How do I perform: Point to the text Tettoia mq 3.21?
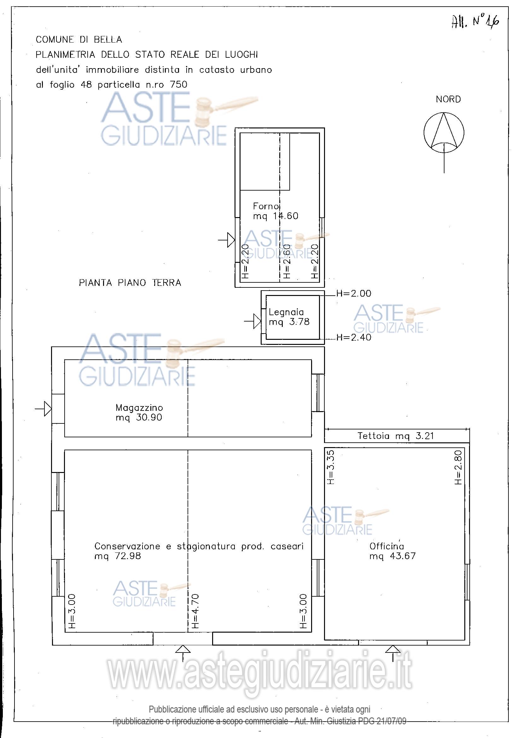[396, 436]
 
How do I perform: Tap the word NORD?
[448, 99]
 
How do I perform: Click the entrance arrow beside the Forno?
[227, 240]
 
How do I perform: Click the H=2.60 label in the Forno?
[287, 261]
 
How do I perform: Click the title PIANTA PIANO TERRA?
[130, 283]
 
